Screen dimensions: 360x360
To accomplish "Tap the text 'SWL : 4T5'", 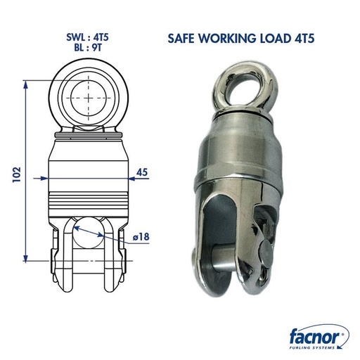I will tap(88, 37).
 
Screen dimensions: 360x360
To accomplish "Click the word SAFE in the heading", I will tap(184, 39).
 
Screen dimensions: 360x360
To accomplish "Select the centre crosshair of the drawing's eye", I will tap(89, 94).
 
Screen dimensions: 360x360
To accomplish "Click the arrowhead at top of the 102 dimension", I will tap(27, 84).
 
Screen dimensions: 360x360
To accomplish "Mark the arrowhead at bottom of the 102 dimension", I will tap(27, 259).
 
